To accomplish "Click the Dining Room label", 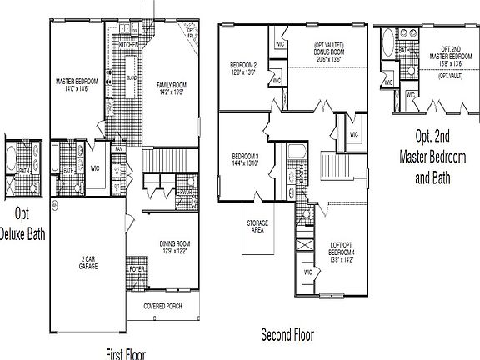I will click(175, 247).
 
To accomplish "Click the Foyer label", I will click(138, 269).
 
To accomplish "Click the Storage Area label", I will click(257, 227).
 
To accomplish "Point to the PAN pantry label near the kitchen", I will click(119, 149).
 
